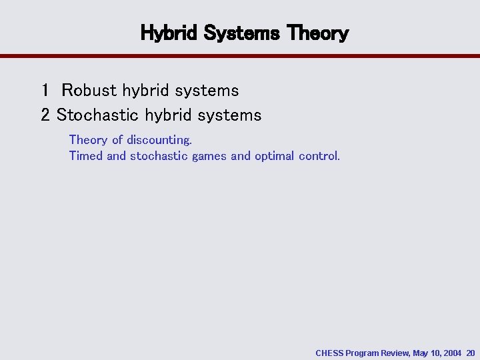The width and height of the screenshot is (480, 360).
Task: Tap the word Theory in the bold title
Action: pos(319,33)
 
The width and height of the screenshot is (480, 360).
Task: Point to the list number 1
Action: pos(45,90)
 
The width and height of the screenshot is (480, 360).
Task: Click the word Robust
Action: pos(89,90)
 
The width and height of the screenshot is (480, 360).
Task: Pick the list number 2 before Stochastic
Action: pos(45,115)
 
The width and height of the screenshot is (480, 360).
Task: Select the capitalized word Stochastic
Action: pos(94,115)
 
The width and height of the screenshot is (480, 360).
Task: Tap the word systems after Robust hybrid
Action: pos(208,90)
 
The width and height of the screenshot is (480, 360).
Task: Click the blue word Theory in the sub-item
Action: pos(88,140)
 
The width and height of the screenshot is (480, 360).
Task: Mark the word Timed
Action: pos(85,156)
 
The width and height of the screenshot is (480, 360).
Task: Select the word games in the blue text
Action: pos(209,156)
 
